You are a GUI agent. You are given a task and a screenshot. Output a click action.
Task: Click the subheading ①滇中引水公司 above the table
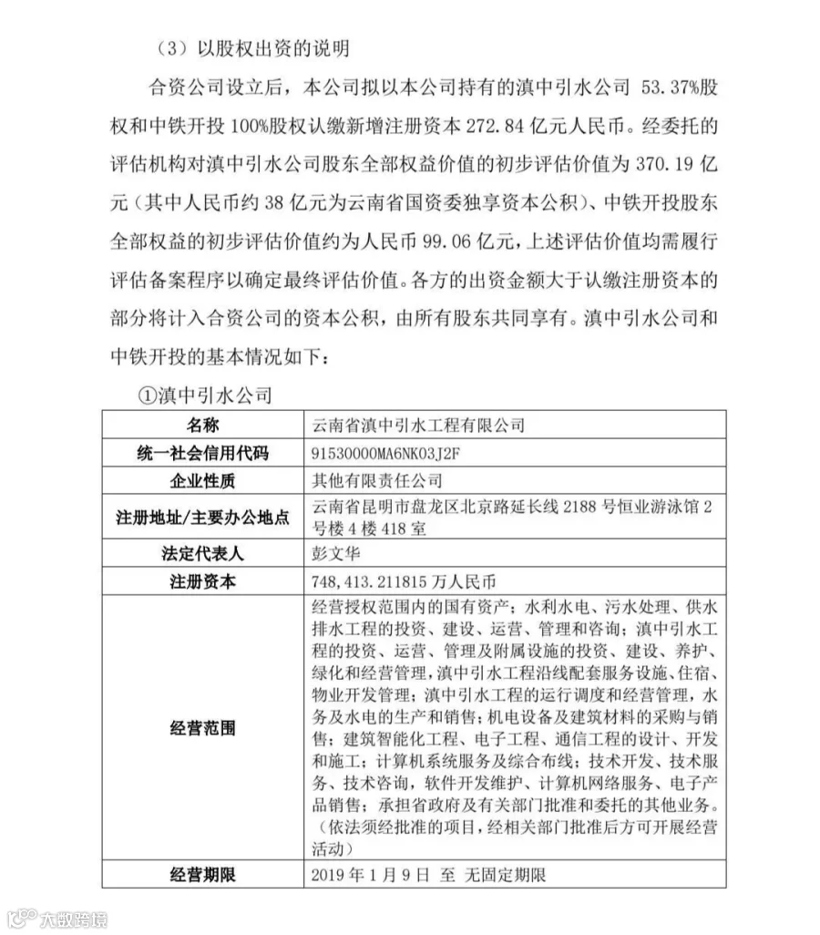[x=204, y=396]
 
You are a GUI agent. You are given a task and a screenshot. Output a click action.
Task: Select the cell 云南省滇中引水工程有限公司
[x=419, y=425]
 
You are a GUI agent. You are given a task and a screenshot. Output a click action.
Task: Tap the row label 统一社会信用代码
[x=203, y=452]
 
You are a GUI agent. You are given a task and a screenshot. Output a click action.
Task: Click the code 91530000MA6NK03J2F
[x=395, y=453]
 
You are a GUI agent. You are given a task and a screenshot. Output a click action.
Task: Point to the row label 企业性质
[x=203, y=480]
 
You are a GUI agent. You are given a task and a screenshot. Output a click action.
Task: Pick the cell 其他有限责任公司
[x=377, y=480]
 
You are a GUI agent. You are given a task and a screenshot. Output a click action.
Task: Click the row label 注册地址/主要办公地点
[x=203, y=517]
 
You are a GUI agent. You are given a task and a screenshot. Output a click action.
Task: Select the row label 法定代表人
[x=203, y=553]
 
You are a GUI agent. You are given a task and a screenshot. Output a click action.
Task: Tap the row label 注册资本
[x=203, y=581]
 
